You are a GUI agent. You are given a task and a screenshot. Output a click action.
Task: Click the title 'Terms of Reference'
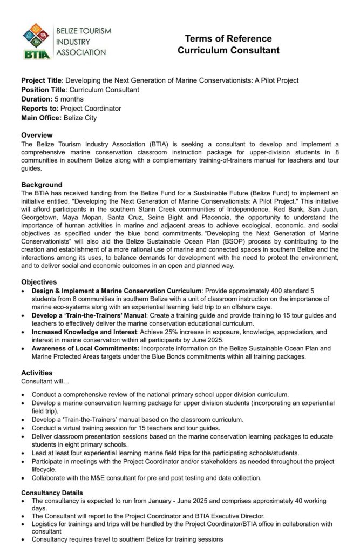pos(228,39)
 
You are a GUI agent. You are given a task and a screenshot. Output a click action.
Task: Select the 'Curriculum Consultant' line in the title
pos(228,51)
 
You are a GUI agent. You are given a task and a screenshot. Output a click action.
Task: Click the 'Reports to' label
pos(39,109)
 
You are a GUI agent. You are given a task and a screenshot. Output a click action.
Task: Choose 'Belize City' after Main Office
pos(80,118)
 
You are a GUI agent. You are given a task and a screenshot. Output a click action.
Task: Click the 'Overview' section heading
pos(37,135)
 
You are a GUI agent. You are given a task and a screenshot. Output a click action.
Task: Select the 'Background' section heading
pos(42,185)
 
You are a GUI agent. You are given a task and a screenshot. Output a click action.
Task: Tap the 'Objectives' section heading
pos(39,282)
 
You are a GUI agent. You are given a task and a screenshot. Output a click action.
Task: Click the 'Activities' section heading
pos(37,373)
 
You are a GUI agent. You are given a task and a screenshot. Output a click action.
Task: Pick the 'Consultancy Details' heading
pos(52,493)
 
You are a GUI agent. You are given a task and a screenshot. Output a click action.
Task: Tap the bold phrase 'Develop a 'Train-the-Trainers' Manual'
pos(89,315)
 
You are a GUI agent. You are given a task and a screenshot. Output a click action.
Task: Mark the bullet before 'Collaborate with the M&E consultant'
pos(23,478)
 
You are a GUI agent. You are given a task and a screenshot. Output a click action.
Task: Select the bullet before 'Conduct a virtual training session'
pos(23,428)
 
